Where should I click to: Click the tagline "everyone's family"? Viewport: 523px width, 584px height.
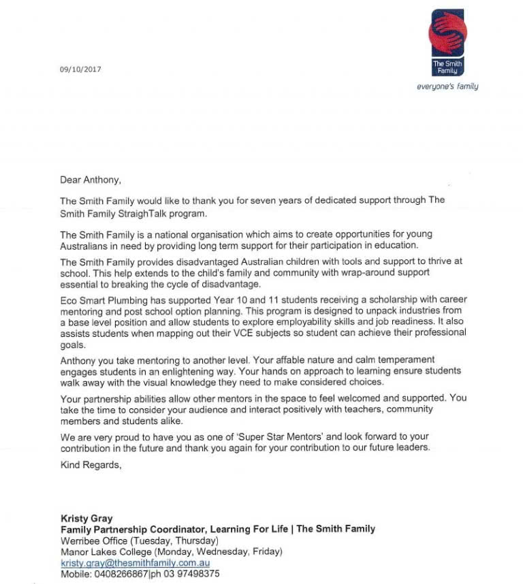point(447,86)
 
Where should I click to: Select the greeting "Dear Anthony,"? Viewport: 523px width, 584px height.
point(91,180)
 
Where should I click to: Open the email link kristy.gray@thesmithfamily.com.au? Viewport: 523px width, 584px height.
point(135,563)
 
